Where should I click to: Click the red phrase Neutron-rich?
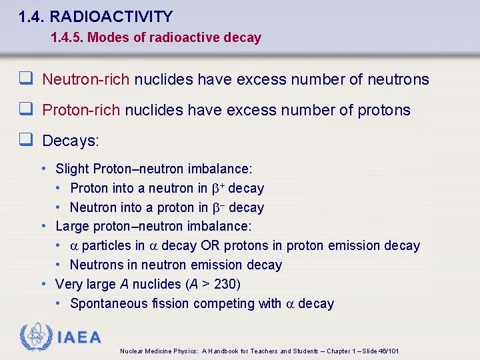86,80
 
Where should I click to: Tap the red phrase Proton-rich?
81,110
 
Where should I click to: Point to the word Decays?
70,141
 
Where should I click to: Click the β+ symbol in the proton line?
218,189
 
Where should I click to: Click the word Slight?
73,169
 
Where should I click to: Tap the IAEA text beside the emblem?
79,338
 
